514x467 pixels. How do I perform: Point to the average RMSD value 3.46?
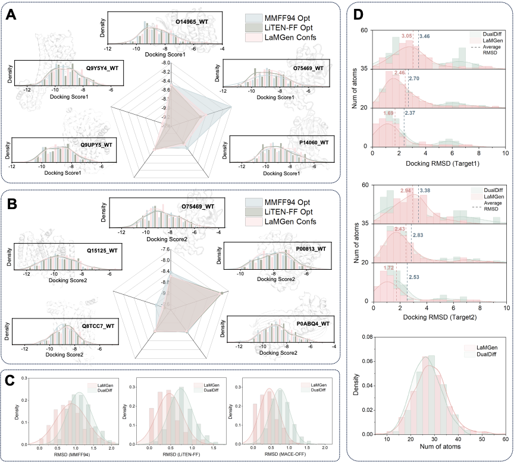click(x=425, y=37)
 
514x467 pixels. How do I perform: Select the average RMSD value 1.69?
click(x=388, y=113)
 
